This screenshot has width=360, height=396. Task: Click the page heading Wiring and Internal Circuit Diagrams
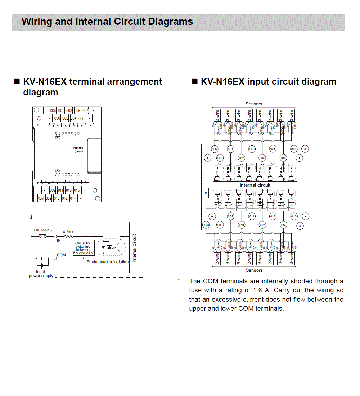tap(107, 22)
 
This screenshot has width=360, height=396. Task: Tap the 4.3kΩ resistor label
tap(68, 232)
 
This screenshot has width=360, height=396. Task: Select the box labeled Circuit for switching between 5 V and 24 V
tap(84, 248)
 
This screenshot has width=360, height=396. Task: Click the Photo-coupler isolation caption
tap(107, 262)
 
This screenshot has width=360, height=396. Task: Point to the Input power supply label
tap(41, 274)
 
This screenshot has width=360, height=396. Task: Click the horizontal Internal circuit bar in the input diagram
tap(255, 185)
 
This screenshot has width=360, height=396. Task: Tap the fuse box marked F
tap(206, 193)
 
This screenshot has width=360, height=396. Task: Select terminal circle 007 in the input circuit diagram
tap(294, 149)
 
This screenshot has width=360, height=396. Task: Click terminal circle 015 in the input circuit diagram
tap(294, 216)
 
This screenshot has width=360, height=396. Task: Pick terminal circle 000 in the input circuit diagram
tap(220, 158)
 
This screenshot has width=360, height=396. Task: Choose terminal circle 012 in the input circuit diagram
tap(262, 225)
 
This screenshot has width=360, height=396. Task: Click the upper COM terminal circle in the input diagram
tap(215, 149)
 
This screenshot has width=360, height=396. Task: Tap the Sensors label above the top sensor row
tap(254, 104)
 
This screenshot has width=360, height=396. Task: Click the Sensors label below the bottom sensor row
tap(254, 270)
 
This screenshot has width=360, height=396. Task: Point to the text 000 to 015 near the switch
tap(43, 230)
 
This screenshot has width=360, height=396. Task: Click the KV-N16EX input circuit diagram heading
tap(268, 82)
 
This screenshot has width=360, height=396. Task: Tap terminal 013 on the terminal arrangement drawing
tap(68, 190)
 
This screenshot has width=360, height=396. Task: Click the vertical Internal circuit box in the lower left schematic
tap(134, 248)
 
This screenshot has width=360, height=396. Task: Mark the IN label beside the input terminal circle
tap(59, 240)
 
